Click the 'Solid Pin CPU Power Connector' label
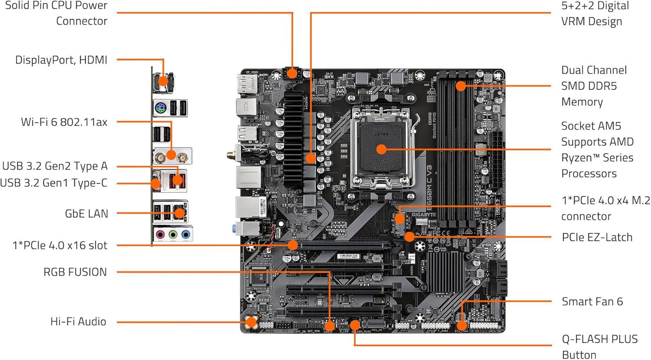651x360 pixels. [56, 13]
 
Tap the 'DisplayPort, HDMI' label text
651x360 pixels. [61, 60]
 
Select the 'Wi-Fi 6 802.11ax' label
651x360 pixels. [64, 122]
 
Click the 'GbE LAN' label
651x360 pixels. [86, 213]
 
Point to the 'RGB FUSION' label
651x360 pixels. [75, 272]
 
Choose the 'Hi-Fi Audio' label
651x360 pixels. [78, 321]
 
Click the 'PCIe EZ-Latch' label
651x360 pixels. [597, 237]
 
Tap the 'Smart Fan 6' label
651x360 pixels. [592, 301]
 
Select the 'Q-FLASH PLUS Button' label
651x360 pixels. [599, 347]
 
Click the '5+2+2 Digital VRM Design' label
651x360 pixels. [595, 13]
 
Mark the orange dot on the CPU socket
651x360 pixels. [381, 150]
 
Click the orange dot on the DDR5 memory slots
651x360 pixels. [461, 86]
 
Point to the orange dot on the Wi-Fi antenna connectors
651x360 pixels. [171, 155]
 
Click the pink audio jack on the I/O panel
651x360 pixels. [160, 235]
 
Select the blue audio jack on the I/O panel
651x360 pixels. [186, 235]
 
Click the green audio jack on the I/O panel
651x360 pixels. [173, 235]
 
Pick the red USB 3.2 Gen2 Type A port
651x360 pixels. [177, 180]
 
